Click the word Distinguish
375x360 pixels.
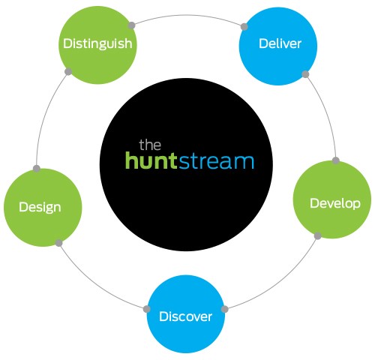click(x=97, y=43)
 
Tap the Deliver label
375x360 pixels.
click(x=280, y=43)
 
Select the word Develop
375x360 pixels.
click(x=335, y=203)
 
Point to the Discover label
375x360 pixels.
click(x=185, y=316)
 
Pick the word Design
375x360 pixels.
click(x=40, y=208)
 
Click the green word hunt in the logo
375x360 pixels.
click(x=151, y=160)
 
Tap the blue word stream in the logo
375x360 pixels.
click(x=217, y=162)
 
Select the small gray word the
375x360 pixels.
click(x=150, y=145)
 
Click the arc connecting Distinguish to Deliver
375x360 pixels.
click(x=187, y=16)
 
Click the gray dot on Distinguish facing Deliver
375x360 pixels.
click(x=131, y=25)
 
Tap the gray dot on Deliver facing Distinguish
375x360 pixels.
click(x=244, y=27)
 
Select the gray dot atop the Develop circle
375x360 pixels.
click(x=336, y=160)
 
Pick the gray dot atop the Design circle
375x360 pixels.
click(x=37, y=169)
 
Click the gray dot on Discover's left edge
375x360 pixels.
click(x=147, y=309)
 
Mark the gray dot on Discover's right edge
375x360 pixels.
click(x=225, y=309)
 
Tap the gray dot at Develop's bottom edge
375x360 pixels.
click(x=318, y=235)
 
